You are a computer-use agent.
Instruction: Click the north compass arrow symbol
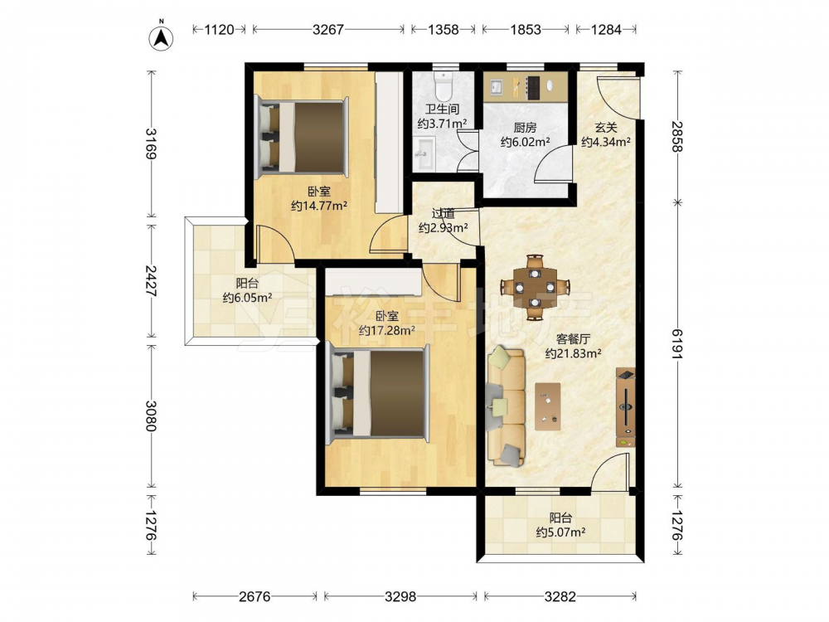click(x=162, y=37)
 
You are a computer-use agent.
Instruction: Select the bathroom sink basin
click(x=424, y=153)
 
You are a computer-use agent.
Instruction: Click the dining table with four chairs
click(x=535, y=287)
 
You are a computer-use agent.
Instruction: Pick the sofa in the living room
click(x=506, y=406)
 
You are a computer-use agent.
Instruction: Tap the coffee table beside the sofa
click(x=548, y=406)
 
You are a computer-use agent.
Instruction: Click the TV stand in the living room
click(x=626, y=407)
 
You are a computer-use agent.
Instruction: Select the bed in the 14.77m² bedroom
click(x=302, y=137)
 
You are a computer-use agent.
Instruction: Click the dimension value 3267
click(x=328, y=30)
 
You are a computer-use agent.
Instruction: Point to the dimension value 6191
click(x=677, y=344)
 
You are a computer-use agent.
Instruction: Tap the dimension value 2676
click(x=255, y=596)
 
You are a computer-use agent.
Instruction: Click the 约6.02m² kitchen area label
click(x=526, y=142)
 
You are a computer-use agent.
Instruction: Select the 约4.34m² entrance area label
click(x=606, y=142)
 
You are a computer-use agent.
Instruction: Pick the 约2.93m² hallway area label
click(x=443, y=228)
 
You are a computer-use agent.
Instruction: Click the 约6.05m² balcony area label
click(x=247, y=298)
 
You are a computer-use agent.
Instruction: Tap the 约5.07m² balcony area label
click(x=560, y=532)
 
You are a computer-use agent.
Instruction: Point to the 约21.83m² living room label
click(x=573, y=353)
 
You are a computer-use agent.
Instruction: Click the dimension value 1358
click(x=443, y=30)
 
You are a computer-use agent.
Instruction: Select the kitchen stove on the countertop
click(x=533, y=87)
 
